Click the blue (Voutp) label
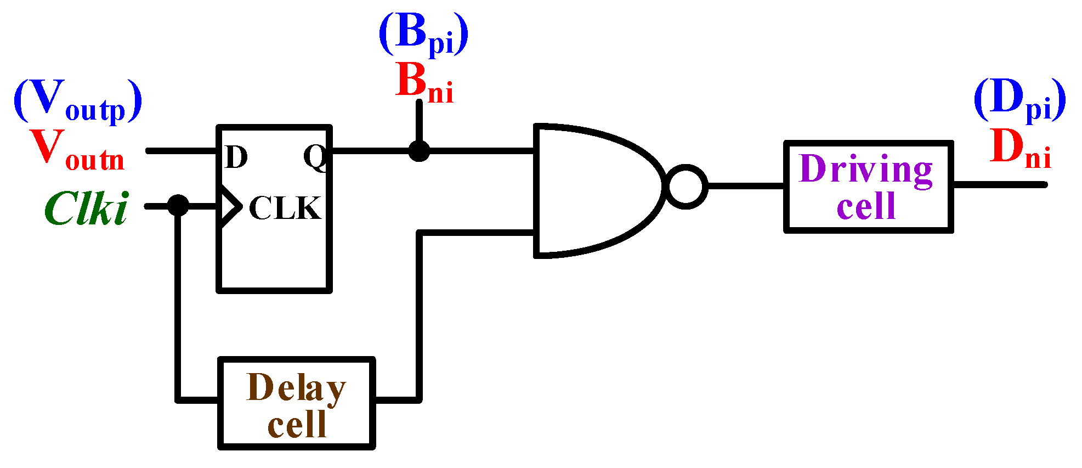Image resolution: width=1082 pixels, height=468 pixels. pyautogui.click(x=78, y=100)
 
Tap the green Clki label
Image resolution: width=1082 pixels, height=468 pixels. pyautogui.click(x=87, y=209)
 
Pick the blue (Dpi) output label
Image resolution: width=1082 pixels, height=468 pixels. pyautogui.click(x=1019, y=100)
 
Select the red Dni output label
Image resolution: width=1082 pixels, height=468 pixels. pyautogui.click(x=1020, y=149)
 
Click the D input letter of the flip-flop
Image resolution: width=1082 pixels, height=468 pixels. pyautogui.click(x=236, y=157)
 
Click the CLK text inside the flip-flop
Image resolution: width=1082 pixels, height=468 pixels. pyautogui.click(x=285, y=208)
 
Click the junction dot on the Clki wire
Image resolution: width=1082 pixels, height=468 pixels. pyautogui.click(x=178, y=206)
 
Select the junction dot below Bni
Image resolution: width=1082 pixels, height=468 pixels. pyautogui.click(x=419, y=150)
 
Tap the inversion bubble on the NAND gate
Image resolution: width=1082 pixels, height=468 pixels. pyautogui.click(x=686, y=187)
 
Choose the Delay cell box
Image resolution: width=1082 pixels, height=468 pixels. pyautogui.click(x=296, y=403)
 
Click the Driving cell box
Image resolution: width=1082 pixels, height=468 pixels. pyautogui.click(x=868, y=187)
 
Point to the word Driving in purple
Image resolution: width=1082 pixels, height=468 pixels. pyautogui.click(x=866, y=170)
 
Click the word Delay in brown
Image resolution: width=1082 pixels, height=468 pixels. pyautogui.click(x=296, y=388)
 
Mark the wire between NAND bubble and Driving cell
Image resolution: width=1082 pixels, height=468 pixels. pyautogui.click(x=746, y=187)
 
